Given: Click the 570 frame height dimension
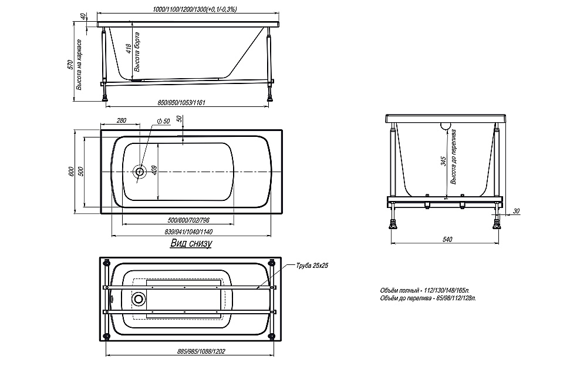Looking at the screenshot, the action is pos(70,65).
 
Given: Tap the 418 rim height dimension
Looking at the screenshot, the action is pos(129,49).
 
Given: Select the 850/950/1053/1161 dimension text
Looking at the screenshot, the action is pos(181,102).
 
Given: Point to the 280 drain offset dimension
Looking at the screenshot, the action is pos(122,120).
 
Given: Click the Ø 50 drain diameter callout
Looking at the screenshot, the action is pos(164,121).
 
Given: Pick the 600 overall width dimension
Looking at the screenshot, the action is pos(71,172).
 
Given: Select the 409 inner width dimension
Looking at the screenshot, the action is pos(155,170).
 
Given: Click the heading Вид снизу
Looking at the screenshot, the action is pos(191,243).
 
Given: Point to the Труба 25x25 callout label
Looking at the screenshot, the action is pos(312,266).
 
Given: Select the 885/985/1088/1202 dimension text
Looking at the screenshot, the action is pos(201,351).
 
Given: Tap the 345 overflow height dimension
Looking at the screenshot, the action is pos(444,162).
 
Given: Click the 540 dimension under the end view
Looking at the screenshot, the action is pos(447,239).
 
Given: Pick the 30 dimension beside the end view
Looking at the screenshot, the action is pos(516,211).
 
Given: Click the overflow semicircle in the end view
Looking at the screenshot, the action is pos(446,126).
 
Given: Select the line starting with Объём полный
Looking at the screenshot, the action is pos(425,290).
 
